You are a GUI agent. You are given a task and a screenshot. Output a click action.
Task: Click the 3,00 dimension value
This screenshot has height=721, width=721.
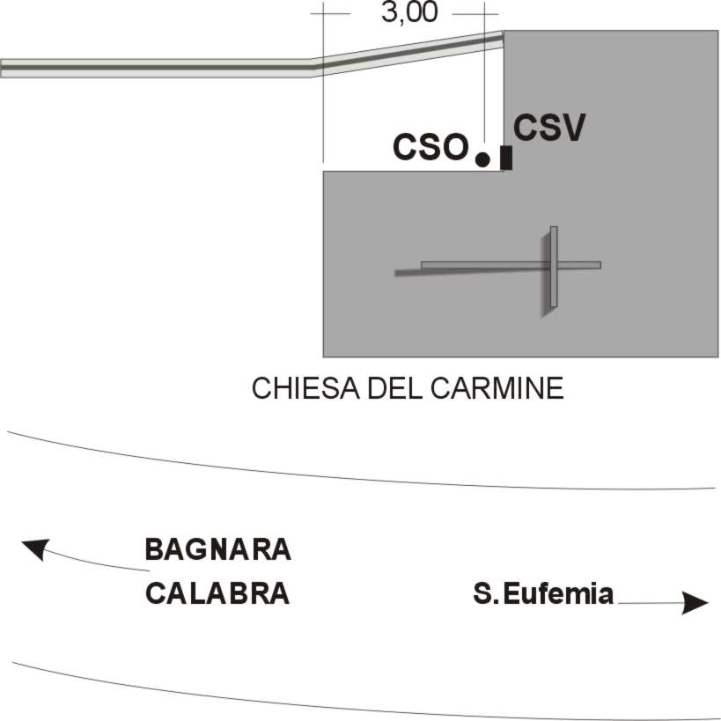(x=408, y=14)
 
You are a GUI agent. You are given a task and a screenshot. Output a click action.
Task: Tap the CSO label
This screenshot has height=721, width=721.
(x=430, y=147)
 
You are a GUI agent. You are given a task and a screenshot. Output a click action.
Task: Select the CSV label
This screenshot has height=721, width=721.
(x=549, y=129)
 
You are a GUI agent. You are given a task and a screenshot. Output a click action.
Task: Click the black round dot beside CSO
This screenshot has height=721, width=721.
(x=482, y=159)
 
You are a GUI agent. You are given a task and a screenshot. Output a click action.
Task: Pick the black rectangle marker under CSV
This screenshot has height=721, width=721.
(x=506, y=158)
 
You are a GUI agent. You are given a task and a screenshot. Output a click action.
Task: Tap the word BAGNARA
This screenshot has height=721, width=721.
(x=217, y=550)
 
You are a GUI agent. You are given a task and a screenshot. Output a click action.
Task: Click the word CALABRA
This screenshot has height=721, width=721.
(x=217, y=593)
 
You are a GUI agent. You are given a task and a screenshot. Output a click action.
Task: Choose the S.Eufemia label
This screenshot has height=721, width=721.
(x=543, y=594)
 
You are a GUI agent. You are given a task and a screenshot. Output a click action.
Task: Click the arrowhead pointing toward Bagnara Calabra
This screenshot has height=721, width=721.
(x=33, y=549)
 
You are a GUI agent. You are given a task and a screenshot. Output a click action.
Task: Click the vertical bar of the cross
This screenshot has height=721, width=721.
(x=554, y=267)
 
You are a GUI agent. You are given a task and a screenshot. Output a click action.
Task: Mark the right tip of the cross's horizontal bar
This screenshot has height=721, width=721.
(x=600, y=264)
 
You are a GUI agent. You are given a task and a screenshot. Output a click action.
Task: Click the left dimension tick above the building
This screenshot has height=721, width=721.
(x=323, y=14)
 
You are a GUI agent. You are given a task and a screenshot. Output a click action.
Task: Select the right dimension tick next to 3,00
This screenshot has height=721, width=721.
(x=484, y=14)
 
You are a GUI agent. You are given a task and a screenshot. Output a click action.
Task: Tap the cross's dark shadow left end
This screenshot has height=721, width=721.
(x=398, y=273)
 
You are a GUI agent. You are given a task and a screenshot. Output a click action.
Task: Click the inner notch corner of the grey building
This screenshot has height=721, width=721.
(x=503, y=171)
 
